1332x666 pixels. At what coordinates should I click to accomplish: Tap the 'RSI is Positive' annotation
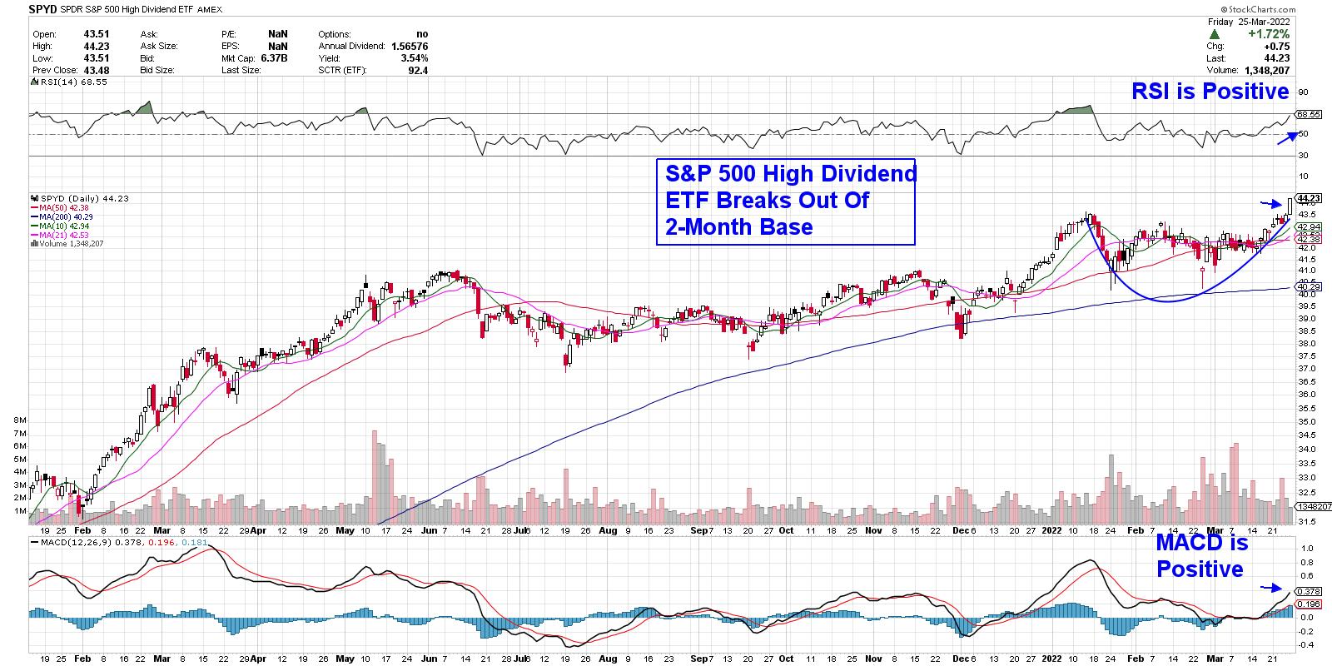[1210, 92]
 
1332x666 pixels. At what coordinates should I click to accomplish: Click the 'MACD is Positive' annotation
[1201, 556]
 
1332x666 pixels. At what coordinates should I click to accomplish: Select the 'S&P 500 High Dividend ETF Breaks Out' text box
[785, 201]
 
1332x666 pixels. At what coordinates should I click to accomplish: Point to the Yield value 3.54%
[414, 58]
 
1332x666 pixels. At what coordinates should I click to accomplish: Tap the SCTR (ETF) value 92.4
[418, 71]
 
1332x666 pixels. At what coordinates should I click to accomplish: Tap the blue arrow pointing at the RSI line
[1286, 138]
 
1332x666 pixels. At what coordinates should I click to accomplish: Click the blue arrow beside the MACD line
[1271, 588]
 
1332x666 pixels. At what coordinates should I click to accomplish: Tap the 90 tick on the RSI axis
[1303, 92]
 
